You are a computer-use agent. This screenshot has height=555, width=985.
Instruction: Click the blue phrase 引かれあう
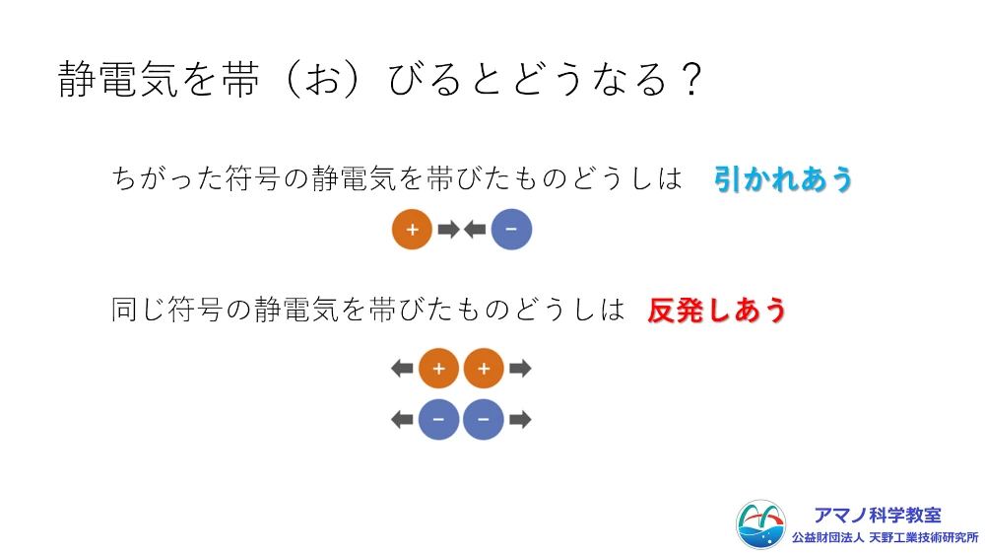[783, 179]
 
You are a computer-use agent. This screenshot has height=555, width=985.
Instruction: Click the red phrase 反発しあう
[717, 310]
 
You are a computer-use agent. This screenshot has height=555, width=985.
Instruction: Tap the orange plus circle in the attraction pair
[412, 230]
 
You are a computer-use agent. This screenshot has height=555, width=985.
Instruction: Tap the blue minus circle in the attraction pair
[511, 230]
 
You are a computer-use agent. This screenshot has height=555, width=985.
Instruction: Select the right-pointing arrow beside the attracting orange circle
[448, 230]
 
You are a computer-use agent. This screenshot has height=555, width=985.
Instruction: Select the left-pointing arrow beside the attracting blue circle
[475, 230]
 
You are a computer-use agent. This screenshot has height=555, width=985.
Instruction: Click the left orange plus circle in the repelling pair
[438, 369]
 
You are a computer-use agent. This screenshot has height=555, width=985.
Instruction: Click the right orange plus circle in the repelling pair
[484, 369]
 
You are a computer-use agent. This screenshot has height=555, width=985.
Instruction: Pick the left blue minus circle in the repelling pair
[438, 419]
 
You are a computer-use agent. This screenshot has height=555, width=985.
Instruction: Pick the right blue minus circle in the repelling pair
[484, 419]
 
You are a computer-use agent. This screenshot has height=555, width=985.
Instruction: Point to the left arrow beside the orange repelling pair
[402, 369]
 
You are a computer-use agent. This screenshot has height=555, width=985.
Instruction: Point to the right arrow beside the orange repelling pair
[520, 369]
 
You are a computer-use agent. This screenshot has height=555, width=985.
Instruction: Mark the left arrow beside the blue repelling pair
[402, 419]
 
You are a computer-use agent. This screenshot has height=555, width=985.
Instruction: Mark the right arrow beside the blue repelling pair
[520, 419]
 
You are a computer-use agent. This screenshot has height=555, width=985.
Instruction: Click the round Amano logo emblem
[760, 524]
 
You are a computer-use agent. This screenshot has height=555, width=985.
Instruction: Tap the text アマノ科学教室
[878, 516]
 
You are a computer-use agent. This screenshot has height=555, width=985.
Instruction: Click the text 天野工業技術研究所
[924, 538]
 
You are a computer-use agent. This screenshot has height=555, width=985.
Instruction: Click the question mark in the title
[691, 80]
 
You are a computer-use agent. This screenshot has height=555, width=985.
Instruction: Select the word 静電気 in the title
[118, 80]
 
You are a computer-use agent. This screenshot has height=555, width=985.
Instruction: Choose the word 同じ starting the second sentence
[138, 310]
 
